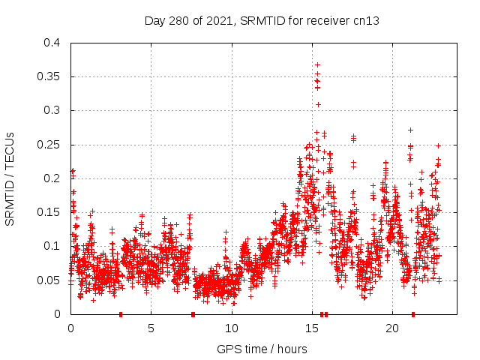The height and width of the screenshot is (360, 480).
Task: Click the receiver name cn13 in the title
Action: pyautogui.click(x=366, y=21)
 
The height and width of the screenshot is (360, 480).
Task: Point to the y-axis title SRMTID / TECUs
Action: pyautogui.click(x=10, y=178)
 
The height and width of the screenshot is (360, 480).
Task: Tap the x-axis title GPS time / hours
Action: pyautogui.click(x=262, y=349)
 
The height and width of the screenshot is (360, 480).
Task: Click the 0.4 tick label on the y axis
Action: pyautogui.click(x=51, y=43)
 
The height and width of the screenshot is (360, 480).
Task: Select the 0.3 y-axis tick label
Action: pyautogui.click(x=51, y=110)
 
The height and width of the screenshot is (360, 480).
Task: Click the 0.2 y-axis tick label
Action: pyautogui.click(x=51, y=178)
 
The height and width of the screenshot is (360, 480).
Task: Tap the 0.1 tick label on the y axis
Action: pyautogui.click(x=51, y=246)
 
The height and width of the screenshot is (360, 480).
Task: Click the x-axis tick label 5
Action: pyautogui.click(x=151, y=328)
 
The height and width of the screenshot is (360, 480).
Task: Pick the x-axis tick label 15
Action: pyautogui.click(x=311, y=328)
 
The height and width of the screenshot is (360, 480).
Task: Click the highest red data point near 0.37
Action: pyautogui.click(x=317, y=64)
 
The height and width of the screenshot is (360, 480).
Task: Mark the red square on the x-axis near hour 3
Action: pyautogui.click(x=120, y=314)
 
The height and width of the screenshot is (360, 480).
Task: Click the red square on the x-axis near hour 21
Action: pyautogui.click(x=412, y=314)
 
